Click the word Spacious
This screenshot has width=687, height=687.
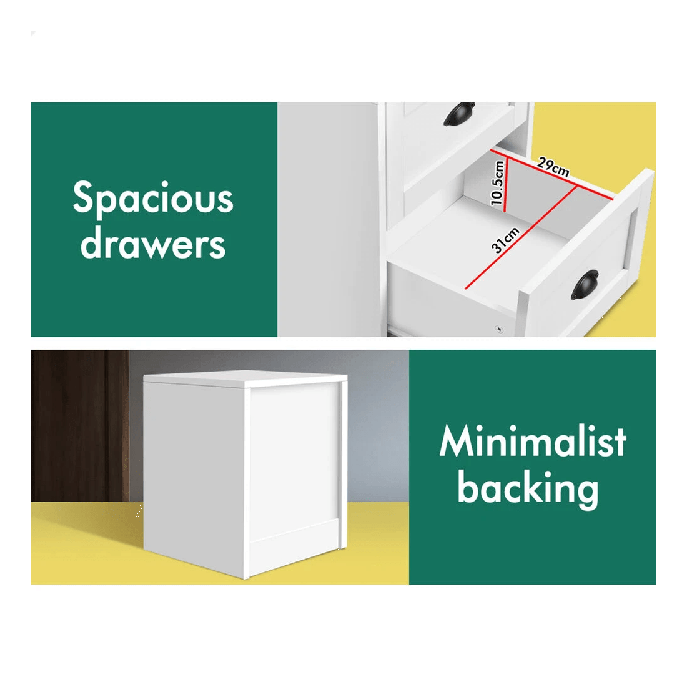(x=153, y=199)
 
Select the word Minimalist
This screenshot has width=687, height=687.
(x=532, y=441)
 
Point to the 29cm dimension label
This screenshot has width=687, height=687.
(x=553, y=167)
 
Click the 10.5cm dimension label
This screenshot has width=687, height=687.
(x=497, y=183)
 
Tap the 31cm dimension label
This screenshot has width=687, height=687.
(x=505, y=240)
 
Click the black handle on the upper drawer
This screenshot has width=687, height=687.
(x=459, y=114)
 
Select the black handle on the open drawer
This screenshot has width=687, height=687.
(x=585, y=285)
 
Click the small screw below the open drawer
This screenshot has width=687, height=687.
(x=498, y=328)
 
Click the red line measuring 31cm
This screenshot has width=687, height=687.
(x=520, y=238)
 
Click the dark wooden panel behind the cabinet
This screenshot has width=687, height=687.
(x=80, y=425)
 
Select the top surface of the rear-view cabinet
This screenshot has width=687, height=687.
(x=245, y=378)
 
